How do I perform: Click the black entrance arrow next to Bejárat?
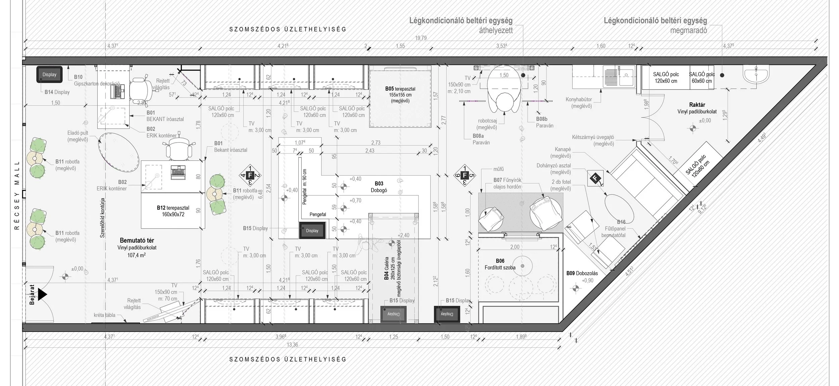tap(42, 294)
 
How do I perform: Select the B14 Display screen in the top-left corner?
tap(49, 75)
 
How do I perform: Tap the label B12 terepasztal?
tap(173, 211)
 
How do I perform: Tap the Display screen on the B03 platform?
tap(312, 231)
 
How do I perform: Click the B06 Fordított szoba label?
tap(500, 264)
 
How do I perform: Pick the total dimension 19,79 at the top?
tap(421, 38)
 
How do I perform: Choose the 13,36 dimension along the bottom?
tap(293, 345)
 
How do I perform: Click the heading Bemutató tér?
tap(137, 240)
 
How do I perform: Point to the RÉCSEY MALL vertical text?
tap(17, 195)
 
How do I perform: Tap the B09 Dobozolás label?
tap(582, 273)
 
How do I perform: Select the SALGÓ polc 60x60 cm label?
tap(702, 78)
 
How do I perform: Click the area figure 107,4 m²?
tap(136, 255)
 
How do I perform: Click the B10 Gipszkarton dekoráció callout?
tap(97, 81)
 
